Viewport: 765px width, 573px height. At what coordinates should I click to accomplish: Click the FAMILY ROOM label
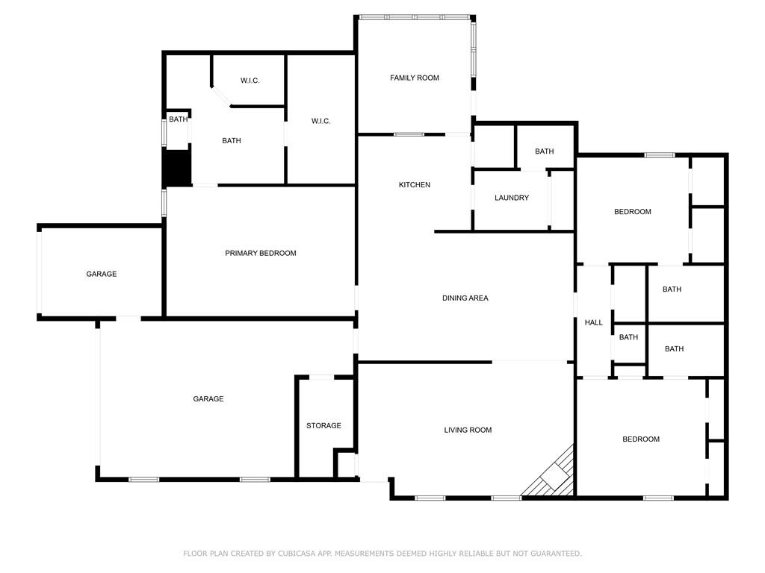coord(414,78)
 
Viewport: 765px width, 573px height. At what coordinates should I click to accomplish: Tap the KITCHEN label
coord(414,185)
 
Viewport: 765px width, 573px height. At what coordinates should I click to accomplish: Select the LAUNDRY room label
coord(512,198)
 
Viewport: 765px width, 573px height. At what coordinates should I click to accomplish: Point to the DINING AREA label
coord(465,298)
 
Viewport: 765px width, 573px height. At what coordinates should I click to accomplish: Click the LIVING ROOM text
coord(468,430)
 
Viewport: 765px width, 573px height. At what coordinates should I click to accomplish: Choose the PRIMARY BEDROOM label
coord(260,254)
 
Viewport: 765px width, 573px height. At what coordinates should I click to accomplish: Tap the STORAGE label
coord(323,426)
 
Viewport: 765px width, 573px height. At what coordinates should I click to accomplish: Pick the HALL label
coord(593,322)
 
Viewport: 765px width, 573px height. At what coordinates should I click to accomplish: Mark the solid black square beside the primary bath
coord(177,168)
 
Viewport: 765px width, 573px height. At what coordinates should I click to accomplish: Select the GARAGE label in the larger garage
coord(208,399)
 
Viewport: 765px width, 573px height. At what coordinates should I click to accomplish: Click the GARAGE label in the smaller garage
coord(101,274)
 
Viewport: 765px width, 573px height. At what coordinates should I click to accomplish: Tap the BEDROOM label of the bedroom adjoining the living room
coord(641,439)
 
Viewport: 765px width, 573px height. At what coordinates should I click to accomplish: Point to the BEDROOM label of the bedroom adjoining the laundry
coord(632,212)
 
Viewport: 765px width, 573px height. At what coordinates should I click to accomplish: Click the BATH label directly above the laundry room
coord(544,151)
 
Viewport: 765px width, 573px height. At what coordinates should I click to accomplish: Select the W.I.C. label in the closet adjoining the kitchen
coord(320,122)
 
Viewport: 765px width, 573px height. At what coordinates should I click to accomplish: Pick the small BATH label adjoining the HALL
coord(628,337)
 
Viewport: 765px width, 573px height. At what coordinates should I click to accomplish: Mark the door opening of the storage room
coord(322,378)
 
